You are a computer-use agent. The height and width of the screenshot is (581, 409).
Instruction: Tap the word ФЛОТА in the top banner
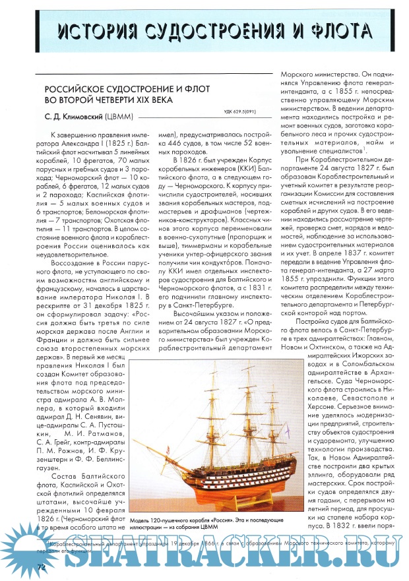click(x=330, y=32)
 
